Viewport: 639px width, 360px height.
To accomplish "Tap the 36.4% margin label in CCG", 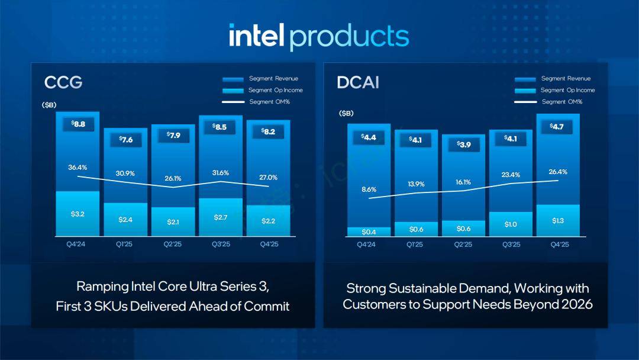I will (78, 167).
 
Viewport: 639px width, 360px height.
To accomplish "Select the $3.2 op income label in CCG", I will (78, 214).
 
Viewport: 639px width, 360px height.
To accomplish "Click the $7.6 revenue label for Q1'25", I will (125, 139).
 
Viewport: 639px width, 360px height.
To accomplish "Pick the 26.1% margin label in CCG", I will (173, 178).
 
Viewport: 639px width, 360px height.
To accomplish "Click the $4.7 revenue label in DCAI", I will (557, 126).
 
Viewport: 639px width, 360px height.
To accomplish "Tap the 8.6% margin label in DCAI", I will (369, 189).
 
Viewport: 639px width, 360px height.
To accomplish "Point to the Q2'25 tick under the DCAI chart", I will (463, 245).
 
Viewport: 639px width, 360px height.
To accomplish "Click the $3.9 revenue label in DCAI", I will (463, 144).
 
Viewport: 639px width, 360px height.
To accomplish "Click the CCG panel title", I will (63, 82).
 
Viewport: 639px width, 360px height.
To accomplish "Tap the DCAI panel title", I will (357, 82).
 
